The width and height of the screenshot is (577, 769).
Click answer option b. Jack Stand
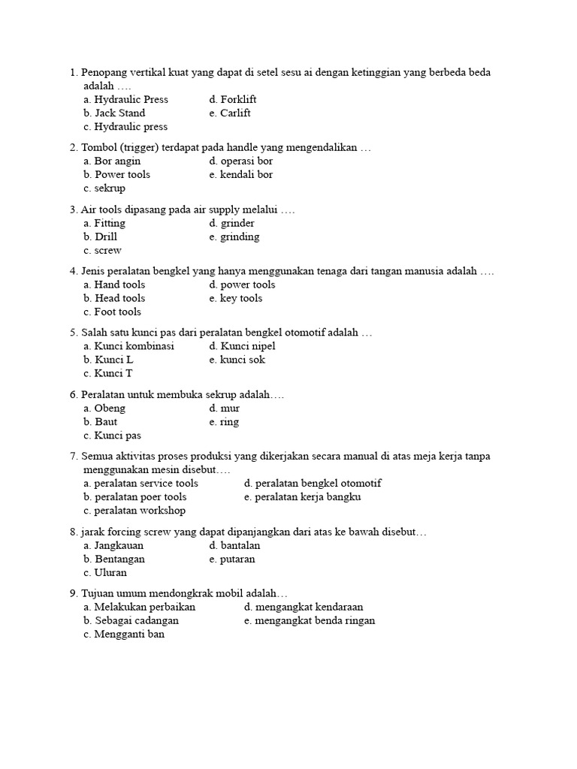click(x=114, y=113)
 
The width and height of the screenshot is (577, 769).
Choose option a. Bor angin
click(x=112, y=161)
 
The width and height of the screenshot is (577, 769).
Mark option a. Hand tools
click(x=114, y=285)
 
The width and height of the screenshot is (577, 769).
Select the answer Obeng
click(x=104, y=409)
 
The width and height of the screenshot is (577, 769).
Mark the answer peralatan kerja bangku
click(x=308, y=497)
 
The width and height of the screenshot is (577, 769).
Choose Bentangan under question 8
click(x=114, y=559)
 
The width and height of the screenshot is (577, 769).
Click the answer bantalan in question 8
click(x=234, y=545)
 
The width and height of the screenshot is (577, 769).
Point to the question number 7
click(x=73, y=457)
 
